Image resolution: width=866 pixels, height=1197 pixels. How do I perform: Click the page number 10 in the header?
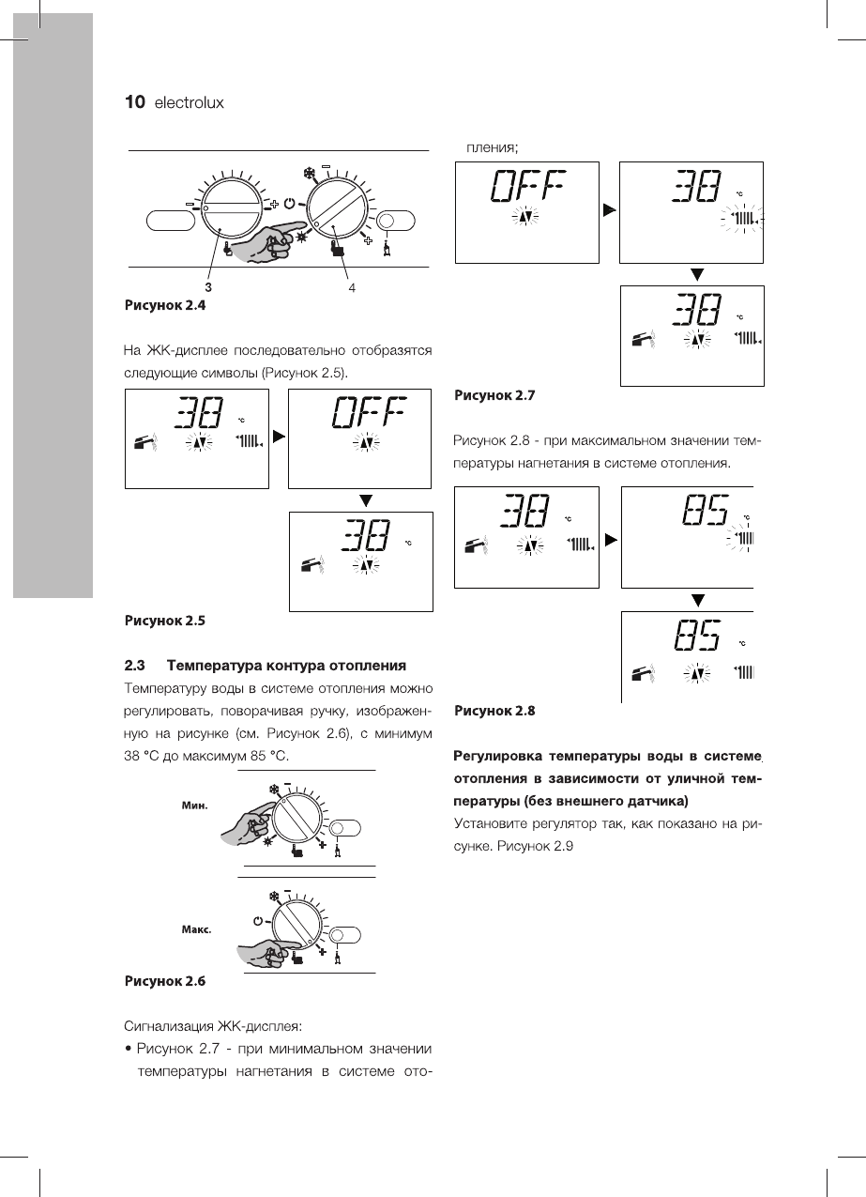[134, 102]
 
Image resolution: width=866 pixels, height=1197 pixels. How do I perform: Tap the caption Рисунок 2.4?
[164, 305]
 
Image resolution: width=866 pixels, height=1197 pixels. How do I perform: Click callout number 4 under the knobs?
[351, 288]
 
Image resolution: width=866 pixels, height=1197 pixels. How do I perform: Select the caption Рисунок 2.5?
[164, 620]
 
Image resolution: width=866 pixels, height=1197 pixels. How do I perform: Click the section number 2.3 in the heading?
[135, 666]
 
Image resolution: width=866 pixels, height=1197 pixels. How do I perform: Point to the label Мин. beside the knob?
[194, 805]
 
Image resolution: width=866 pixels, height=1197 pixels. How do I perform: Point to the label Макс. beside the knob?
[196, 929]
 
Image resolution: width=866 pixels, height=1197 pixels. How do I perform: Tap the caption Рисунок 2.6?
[164, 981]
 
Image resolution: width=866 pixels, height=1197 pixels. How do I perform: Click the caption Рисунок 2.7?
[494, 395]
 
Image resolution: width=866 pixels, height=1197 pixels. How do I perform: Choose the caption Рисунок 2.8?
[494, 711]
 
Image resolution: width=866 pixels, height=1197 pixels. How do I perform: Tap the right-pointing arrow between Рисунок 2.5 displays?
[278, 437]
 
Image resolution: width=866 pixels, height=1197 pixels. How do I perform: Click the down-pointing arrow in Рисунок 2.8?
[697, 600]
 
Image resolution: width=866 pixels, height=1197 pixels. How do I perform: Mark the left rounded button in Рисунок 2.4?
[170, 223]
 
